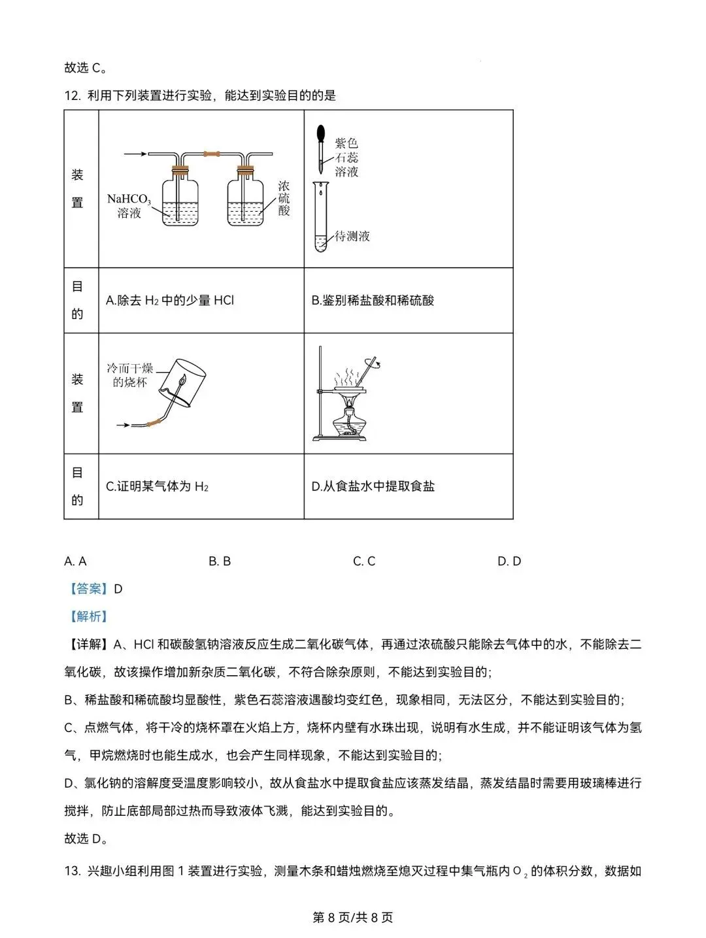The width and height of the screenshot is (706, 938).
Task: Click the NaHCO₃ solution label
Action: point(129,205)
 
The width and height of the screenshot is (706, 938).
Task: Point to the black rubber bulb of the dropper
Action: point(321,135)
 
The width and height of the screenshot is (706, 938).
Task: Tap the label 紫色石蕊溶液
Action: point(346,157)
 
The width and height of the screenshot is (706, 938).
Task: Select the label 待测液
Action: point(352,236)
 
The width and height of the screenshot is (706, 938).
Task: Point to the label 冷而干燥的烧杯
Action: point(129,375)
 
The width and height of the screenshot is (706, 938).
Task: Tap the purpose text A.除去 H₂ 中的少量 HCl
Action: point(170,301)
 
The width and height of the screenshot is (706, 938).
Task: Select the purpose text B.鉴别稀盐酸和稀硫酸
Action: point(373,301)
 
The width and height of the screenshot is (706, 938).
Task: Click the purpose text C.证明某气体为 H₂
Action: point(157,486)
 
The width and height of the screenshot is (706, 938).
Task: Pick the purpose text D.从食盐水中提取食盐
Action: point(373,486)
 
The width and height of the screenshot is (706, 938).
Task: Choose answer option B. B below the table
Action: point(220,561)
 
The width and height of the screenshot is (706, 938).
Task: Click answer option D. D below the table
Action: point(509,561)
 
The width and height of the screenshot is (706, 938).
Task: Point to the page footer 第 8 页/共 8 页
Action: point(353,917)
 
